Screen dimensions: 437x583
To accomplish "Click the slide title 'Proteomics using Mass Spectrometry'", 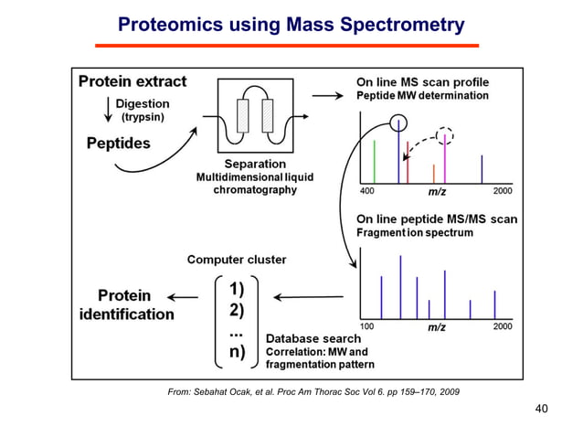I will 291,24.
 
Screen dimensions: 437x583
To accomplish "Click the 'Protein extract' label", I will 132,81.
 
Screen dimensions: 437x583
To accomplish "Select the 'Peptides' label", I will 119,144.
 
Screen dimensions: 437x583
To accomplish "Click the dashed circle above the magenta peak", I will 445,135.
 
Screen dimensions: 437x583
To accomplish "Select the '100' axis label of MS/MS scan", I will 366,325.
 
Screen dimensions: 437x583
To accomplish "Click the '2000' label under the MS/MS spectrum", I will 503,325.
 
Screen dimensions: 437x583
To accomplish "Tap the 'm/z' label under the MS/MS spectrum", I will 437,325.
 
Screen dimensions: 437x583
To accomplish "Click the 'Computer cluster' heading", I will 237,260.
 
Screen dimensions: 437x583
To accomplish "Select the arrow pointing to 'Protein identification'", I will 184,297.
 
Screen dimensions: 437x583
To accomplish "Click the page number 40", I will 541,409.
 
